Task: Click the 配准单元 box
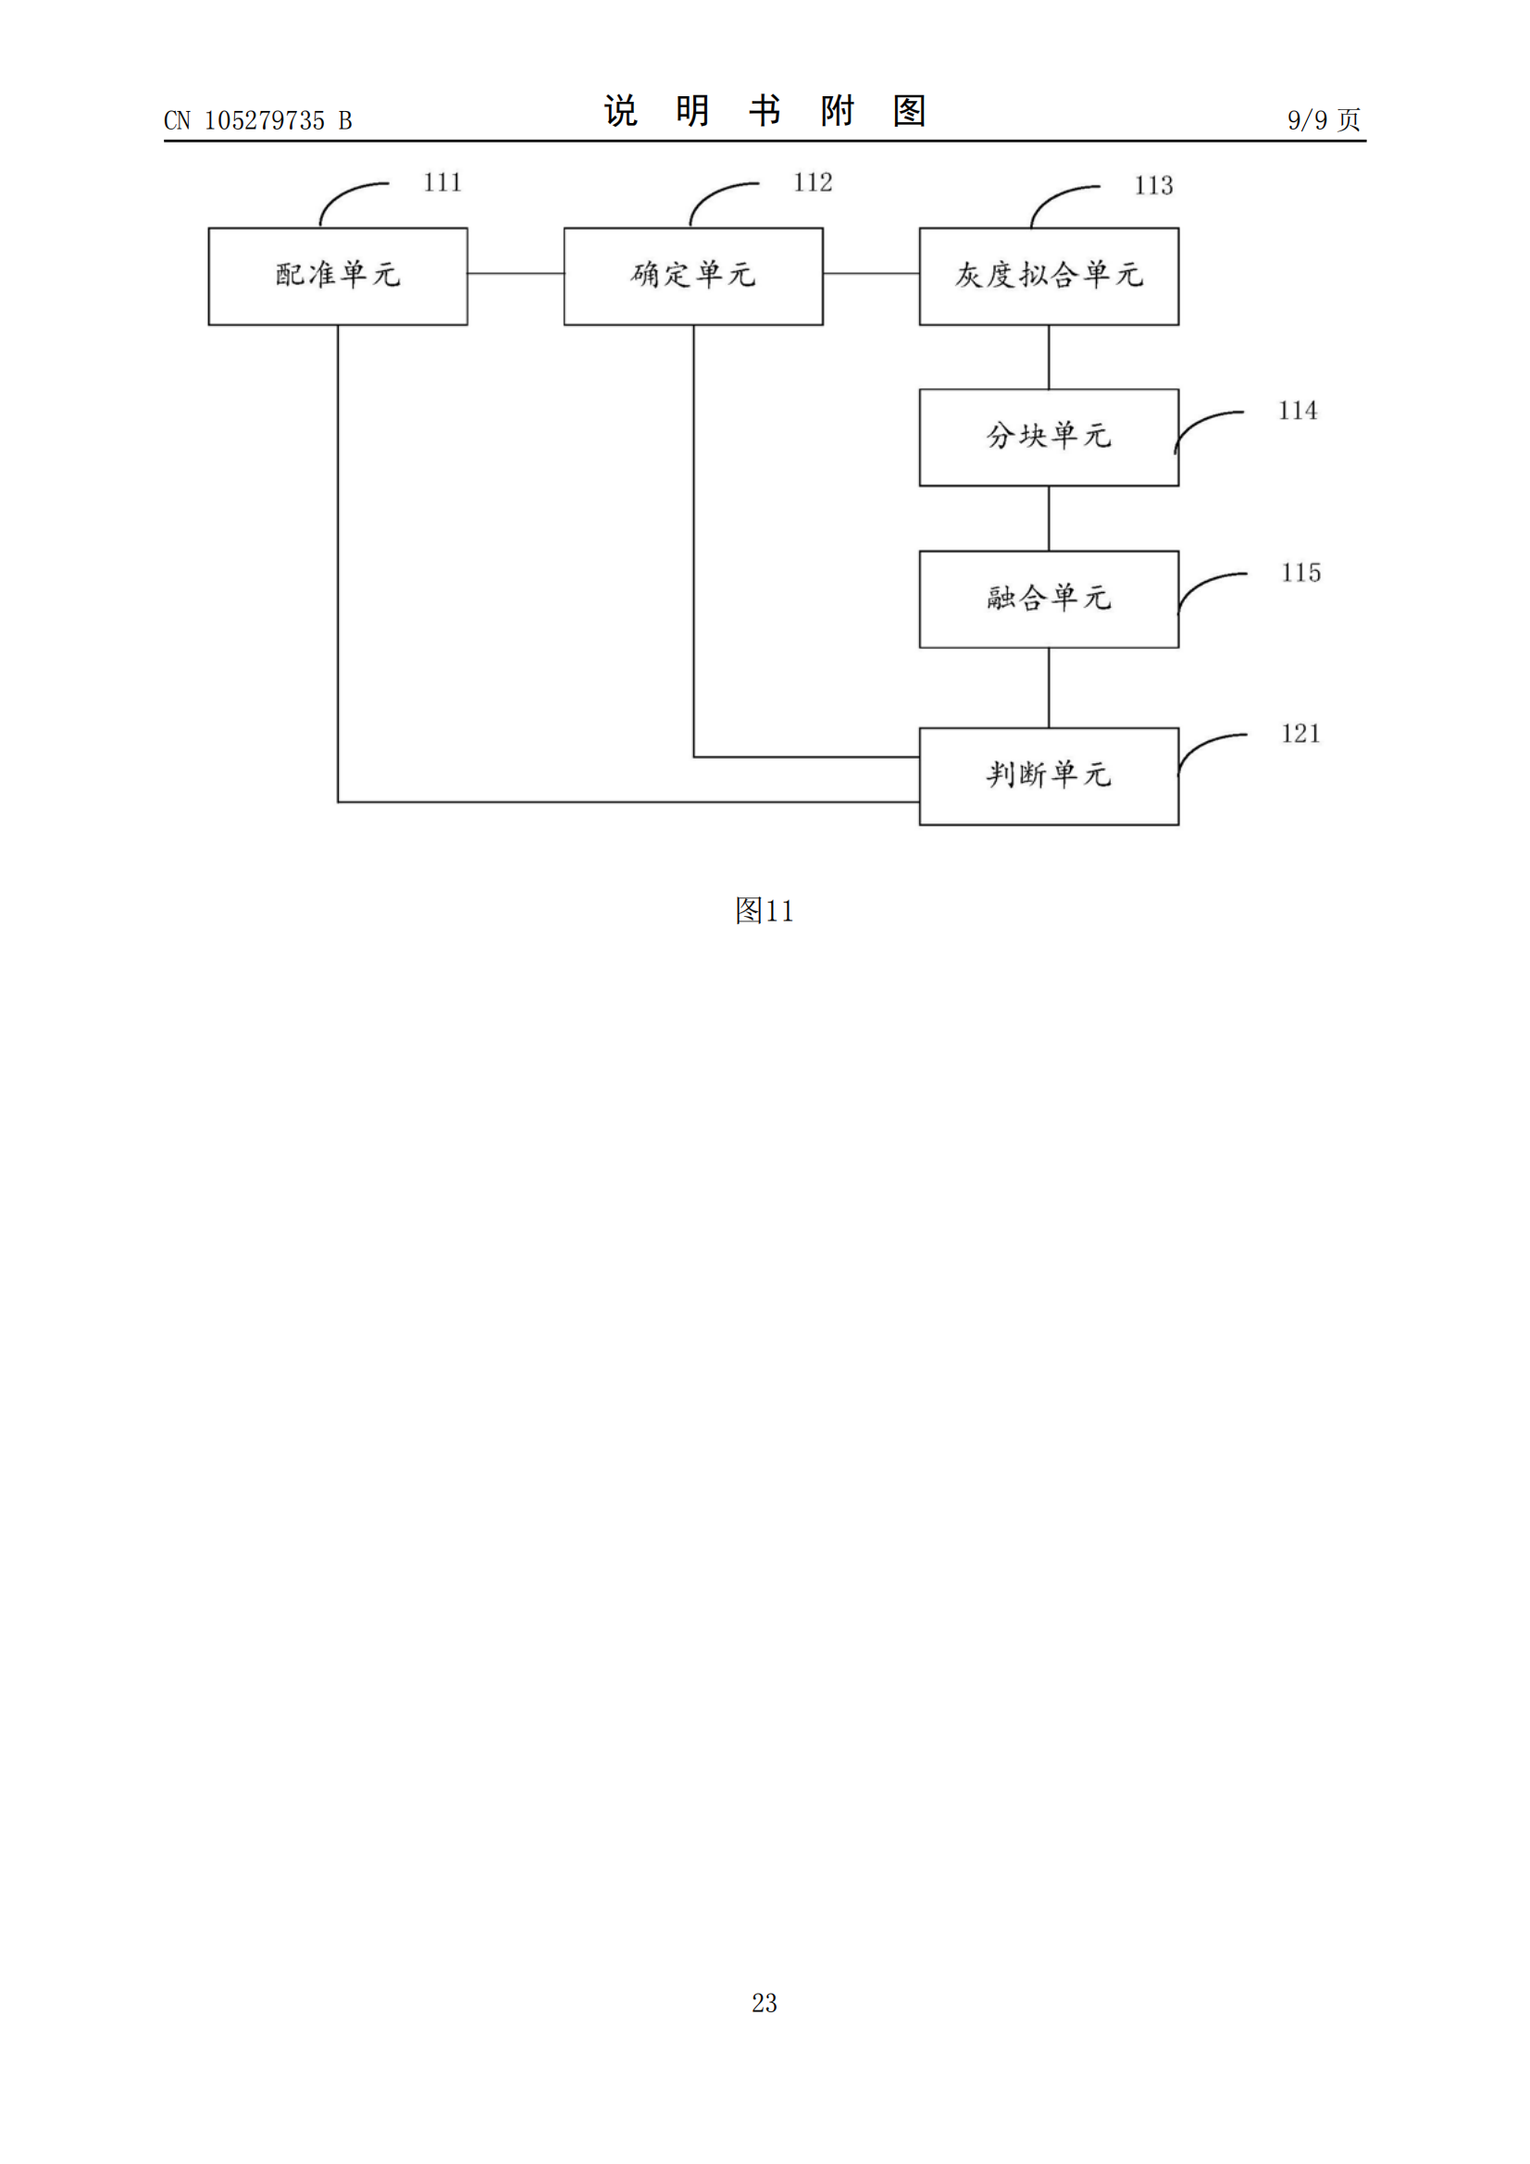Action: (x=338, y=275)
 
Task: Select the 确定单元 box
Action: (x=693, y=275)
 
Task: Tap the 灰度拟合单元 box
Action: (x=1049, y=275)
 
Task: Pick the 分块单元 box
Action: (x=1049, y=438)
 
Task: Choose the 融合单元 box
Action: (x=1049, y=599)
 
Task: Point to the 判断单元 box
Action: (x=1049, y=775)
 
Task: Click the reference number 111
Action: (x=442, y=183)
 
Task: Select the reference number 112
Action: (x=813, y=183)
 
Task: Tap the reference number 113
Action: (x=1153, y=186)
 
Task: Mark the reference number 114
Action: (x=1297, y=411)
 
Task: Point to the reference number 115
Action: (x=1300, y=573)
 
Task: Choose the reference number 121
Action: (x=1300, y=735)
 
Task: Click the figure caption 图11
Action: (x=764, y=910)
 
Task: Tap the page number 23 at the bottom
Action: (x=764, y=2002)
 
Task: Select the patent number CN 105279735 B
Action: (x=257, y=120)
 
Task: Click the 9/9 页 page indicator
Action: (x=1324, y=119)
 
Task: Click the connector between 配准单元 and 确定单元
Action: (x=516, y=273)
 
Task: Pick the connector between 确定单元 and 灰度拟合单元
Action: (x=871, y=273)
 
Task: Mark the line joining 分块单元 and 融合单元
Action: (x=1049, y=518)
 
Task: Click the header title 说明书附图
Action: (x=765, y=111)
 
